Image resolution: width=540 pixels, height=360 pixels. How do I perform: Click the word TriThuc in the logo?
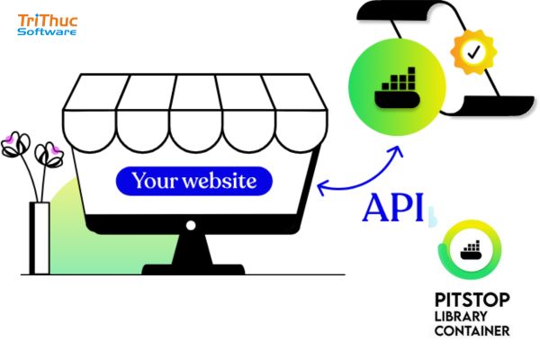point(48,21)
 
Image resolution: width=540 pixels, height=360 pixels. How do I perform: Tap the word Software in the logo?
point(47,31)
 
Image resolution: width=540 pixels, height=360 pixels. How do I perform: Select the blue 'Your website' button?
point(194,181)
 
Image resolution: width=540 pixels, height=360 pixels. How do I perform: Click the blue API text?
point(393,207)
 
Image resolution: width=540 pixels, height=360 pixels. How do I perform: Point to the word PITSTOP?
point(472,300)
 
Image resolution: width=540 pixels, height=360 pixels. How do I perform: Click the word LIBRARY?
point(461,316)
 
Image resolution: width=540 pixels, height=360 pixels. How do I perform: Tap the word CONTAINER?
point(472,330)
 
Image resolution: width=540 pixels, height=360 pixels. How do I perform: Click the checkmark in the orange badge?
point(474,52)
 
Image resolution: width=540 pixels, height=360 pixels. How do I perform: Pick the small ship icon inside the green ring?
point(471,250)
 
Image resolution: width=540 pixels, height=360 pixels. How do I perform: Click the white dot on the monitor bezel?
point(191,225)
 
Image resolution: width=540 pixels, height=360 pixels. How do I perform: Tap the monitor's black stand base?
point(193,269)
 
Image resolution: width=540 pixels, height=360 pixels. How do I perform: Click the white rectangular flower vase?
point(40,238)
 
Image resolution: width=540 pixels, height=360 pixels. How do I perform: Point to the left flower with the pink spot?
point(15,144)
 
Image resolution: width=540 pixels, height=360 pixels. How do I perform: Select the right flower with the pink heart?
point(49,155)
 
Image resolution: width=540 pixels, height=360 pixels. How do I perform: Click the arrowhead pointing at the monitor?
point(321,187)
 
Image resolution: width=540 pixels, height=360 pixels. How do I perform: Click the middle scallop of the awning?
point(195,130)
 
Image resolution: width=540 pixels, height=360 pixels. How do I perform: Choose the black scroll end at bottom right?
point(500,104)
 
